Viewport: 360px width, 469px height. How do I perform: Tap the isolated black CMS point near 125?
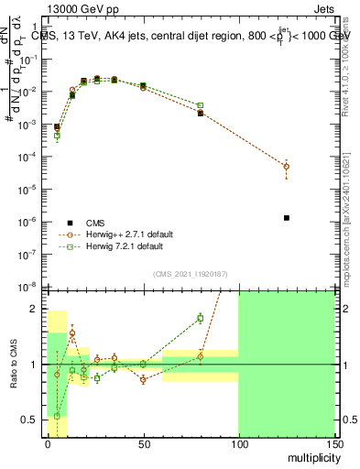(x=287, y=218)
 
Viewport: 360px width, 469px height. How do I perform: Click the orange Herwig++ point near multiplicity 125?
(x=286, y=166)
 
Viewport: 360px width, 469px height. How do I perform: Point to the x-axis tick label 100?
(x=238, y=442)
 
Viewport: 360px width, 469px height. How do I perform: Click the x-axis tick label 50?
(x=143, y=442)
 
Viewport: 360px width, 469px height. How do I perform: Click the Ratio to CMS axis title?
(x=14, y=365)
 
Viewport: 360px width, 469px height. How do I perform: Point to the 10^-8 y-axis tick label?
(x=32, y=288)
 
